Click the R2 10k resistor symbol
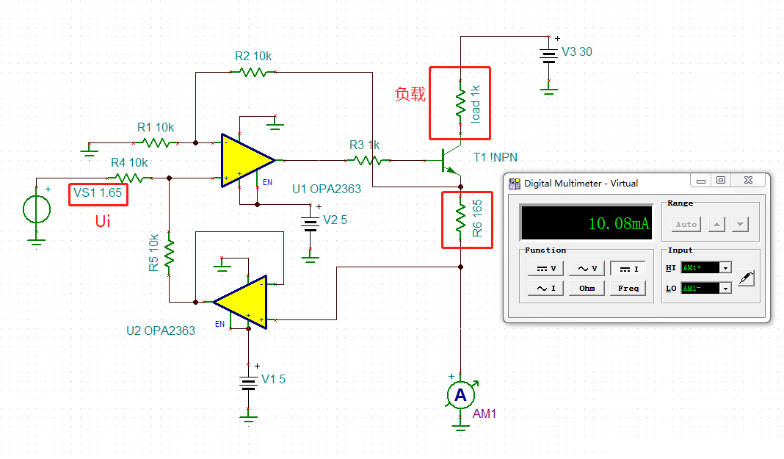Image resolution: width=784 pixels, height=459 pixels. [x=253, y=72]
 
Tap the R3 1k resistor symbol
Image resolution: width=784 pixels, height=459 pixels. [x=365, y=159]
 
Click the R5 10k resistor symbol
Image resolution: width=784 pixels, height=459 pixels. [x=169, y=253]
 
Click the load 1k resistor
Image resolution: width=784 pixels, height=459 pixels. [x=460, y=104]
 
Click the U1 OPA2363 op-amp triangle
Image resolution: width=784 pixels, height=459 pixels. [x=245, y=159]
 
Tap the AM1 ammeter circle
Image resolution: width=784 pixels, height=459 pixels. [x=460, y=396]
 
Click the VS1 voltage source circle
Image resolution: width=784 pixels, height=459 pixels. [x=36, y=209]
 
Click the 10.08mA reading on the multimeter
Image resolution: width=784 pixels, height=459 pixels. [x=619, y=224]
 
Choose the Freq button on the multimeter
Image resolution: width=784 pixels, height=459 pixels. [x=628, y=288]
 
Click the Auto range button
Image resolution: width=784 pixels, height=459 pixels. [x=686, y=224]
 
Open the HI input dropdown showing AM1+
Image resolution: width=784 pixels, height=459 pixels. [x=726, y=268]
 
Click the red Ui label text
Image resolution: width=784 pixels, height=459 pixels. [x=103, y=221]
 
